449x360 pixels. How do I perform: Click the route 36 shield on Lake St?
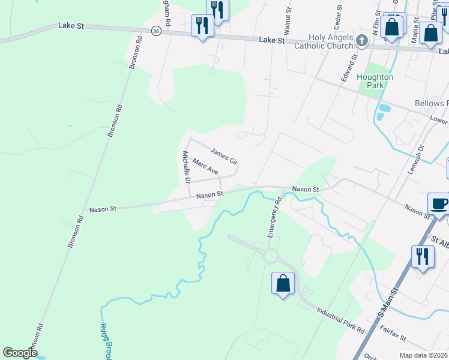pyautogui.click(x=155, y=31)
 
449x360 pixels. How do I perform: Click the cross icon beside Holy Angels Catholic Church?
pyautogui.click(x=361, y=40)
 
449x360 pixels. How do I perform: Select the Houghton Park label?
pyautogui.click(x=375, y=81)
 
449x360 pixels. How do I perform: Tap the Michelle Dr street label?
pyautogui.click(x=187, y=167)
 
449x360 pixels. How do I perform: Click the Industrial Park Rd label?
pyautogui.click(x=340, y=320)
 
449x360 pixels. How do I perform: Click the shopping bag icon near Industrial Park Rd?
pyautogui.click(x=283, y=284)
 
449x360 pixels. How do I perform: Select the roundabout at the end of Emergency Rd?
pyautogui.click(x=271, y=257)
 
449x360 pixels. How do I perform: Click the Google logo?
pyautogui.click(x=20, y=353)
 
